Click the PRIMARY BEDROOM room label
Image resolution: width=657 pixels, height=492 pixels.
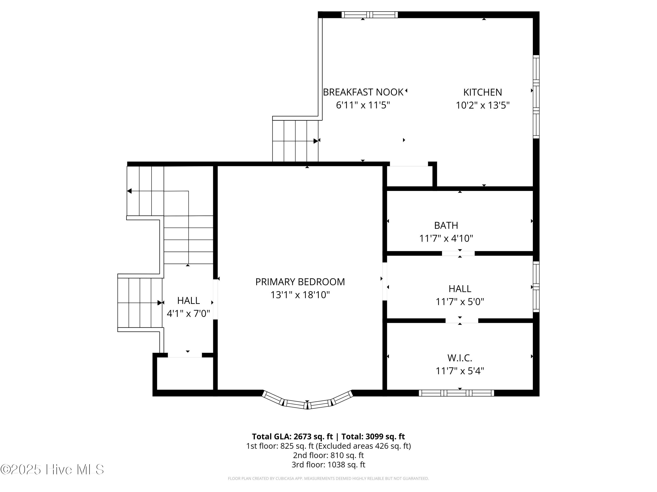pos(300,282)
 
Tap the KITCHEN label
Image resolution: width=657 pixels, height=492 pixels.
pos(483,92)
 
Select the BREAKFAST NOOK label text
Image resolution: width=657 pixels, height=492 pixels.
pos(363,92)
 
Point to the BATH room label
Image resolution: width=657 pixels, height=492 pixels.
pos(446,225)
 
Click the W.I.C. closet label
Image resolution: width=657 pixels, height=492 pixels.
pos(460,358)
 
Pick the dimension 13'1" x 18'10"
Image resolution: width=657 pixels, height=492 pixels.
pos(300,295)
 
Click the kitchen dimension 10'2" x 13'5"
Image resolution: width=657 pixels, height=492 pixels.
pos(483,105)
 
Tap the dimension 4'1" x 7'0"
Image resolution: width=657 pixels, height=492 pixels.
pos(188,314)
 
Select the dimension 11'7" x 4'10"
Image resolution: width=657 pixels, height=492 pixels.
pos(446,238)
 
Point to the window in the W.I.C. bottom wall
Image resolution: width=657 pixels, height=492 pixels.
pos(457,393)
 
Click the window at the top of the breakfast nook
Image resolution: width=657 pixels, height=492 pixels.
pos(369,14)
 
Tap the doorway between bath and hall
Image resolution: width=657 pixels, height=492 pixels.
pos(458,253)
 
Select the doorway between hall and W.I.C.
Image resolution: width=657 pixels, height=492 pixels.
pos(462,321)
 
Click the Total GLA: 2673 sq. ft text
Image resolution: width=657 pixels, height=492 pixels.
pos(293,436)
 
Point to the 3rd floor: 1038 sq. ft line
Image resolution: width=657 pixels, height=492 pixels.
pos(328,464)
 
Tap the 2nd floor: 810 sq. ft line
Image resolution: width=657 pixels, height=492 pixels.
pos(328,455)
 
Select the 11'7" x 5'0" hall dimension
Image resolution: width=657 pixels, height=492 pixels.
pos(460,302)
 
